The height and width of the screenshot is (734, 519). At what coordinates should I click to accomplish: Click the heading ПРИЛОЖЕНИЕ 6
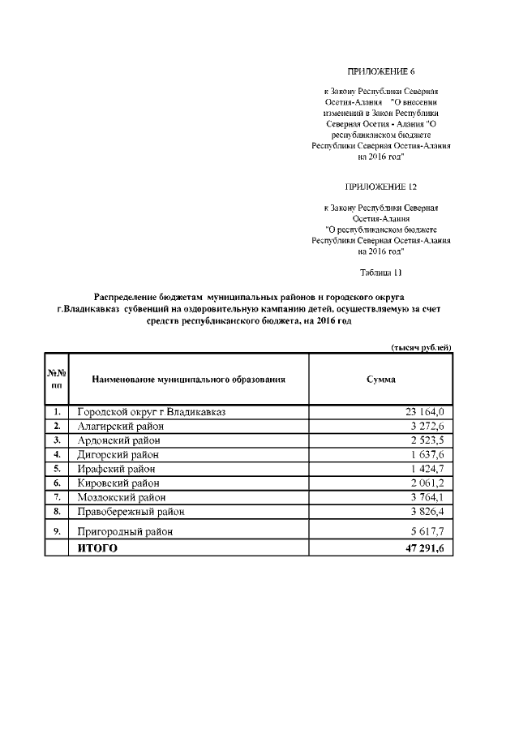(x=380, y=72)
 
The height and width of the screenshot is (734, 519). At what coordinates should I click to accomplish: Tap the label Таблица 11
(x=380, y=272)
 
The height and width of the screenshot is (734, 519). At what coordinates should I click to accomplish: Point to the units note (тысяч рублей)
(x=421, y=347)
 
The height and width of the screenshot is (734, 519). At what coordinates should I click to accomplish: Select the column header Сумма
(x=380, y=379)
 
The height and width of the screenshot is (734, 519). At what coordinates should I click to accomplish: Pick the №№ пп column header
(x=57, y=379)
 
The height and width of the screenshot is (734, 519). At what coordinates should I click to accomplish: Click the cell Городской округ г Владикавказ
(x=151, y=412)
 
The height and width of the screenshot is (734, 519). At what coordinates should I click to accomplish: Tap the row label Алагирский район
(x=120, y=426)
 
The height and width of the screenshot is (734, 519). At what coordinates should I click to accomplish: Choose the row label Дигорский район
(x=118, y=454)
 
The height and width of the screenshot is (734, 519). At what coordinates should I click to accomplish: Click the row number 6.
(x=57, y=483)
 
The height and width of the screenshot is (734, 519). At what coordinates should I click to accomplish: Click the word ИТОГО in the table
(x=97, y=548)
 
